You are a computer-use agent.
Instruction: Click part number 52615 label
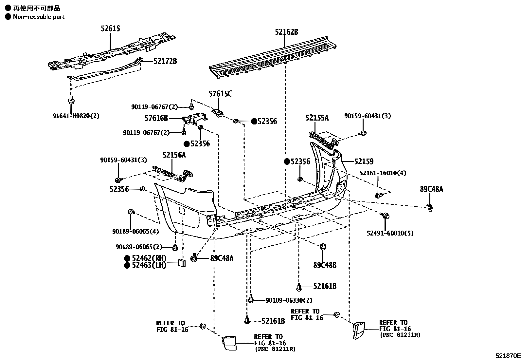click(110, 29)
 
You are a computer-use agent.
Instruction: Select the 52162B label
click(286, 32)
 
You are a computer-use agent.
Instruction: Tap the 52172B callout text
click(165, 61)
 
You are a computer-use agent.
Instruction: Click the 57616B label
click(156, 118)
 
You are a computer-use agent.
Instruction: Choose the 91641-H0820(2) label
click(76, 116)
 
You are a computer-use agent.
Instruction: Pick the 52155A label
click(317, 118)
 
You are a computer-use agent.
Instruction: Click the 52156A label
click(174, 155)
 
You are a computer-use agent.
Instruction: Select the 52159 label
click(364, 161)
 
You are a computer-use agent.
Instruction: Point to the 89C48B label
click(325, 265)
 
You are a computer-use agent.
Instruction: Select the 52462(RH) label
click(149, 258)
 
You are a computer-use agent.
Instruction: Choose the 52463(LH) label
click(149, 265)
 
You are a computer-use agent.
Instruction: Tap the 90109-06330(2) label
click(289, 300)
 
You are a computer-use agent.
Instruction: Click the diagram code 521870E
click(507, 356)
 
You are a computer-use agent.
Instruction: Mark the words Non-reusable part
click(39, 17)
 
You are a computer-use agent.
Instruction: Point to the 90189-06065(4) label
click(135, 232)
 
